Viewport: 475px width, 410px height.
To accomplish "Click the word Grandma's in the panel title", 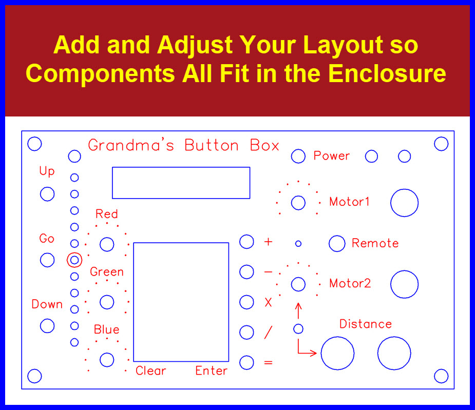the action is pyautogui.click(x=131, y=145).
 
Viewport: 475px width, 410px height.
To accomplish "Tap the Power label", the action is pyautogui.click(x=331, y=155).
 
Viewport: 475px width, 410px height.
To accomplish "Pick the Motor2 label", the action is pyautogui.click(x=350, y=283).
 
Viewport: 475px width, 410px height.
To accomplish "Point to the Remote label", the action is pyautogui.click(x=375, y=243).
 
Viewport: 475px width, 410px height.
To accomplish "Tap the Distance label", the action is pyautogui.click(x=365, y=324).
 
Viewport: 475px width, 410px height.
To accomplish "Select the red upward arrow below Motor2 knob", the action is pyautogui.click(x=298, y=310).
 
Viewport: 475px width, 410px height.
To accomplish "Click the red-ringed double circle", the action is pyautogui.click(x=74, y=252).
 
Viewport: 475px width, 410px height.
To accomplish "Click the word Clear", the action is pyautogui.click(x=150, y=370).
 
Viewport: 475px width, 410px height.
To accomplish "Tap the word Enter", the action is pyautogui.click(x=211, y=370).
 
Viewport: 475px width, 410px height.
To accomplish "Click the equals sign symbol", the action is pyautogui.click(x=268, y=362).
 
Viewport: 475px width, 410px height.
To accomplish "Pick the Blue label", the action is pyautogui.click(x=106, y=329).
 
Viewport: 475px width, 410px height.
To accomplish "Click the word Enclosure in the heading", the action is pyautogui.click(x=387, y=73).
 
